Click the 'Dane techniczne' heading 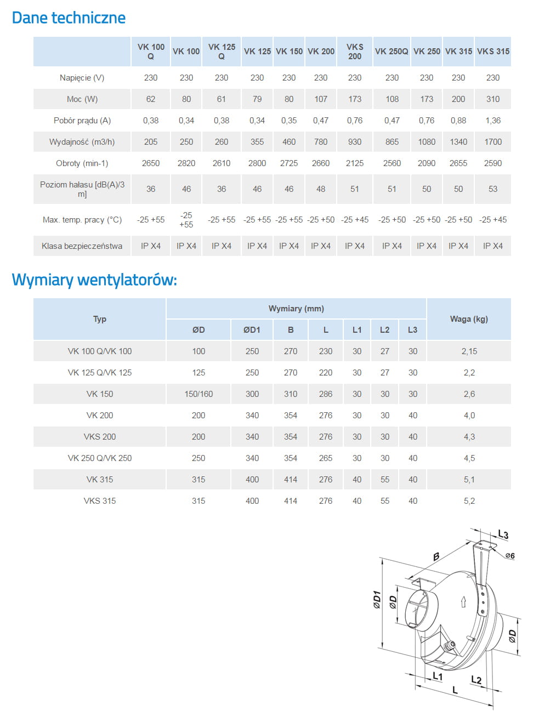click(69, 18)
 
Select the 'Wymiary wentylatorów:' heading click(94, 280)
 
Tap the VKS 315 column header click(493, 52)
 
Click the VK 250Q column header click(392, 52)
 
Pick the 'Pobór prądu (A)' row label click(82, 121)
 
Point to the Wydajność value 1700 click(493, 142)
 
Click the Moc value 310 click(493, 99)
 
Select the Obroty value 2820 click(186, 163)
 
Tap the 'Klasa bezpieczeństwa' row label click(82, 246)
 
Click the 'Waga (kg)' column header click(469, 319)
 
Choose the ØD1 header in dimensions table click(252, 330)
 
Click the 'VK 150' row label click(100, 394)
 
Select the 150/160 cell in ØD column click(199, 394)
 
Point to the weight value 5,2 click(469, 501)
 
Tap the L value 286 click(326, 394)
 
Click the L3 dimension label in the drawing click(503, 534)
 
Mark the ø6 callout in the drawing click(510, 556)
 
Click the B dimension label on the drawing click(436, 557)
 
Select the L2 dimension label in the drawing click(476, 680)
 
